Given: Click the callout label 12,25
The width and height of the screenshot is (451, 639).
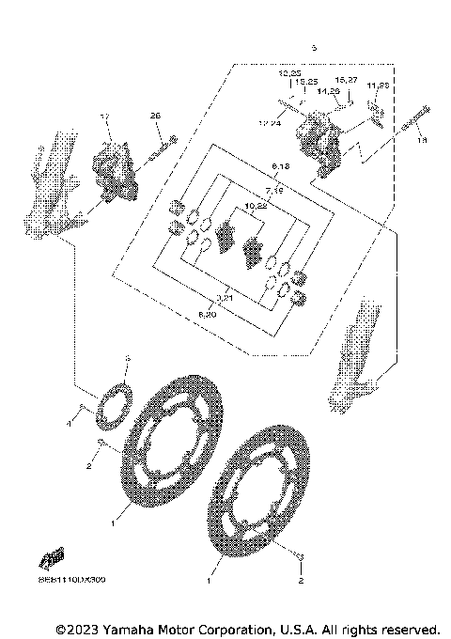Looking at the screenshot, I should click(x=289, y=73).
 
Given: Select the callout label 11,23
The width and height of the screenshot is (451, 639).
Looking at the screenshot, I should click(x=378, y=86).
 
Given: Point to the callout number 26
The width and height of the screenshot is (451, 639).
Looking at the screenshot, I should click(x=156, y=116).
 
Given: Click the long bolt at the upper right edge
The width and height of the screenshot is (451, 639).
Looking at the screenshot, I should click(x=412, y=120).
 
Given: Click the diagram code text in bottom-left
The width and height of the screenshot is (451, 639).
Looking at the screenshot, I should click(x=72, y=580).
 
